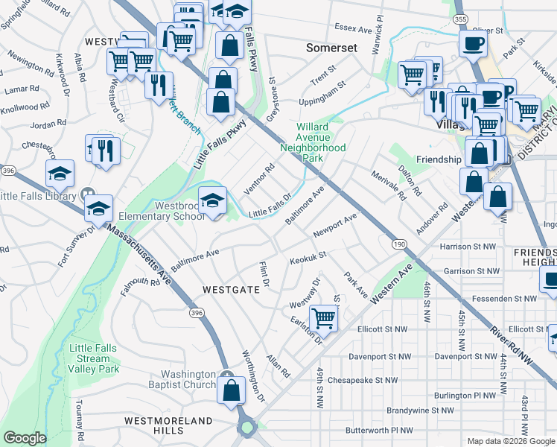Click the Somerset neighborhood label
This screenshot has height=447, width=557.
tap(332, 48)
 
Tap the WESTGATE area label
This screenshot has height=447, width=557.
tap(231, 288)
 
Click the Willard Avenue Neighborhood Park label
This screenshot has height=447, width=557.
tap(313, 142)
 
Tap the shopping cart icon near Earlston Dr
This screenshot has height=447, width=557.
tap(324, 318)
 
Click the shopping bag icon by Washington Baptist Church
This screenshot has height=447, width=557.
tap(232, 390)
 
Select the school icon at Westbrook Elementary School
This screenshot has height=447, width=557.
tap(213, 200)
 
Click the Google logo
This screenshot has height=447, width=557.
tap(25, 438)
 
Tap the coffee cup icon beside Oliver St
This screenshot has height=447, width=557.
tap(473, 43)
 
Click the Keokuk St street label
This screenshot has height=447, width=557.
tap(308, 258)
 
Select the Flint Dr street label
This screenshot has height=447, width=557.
tap(263, 274)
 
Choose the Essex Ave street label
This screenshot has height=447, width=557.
tap(353, 30)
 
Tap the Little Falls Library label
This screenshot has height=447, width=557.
tap(39, 197)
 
